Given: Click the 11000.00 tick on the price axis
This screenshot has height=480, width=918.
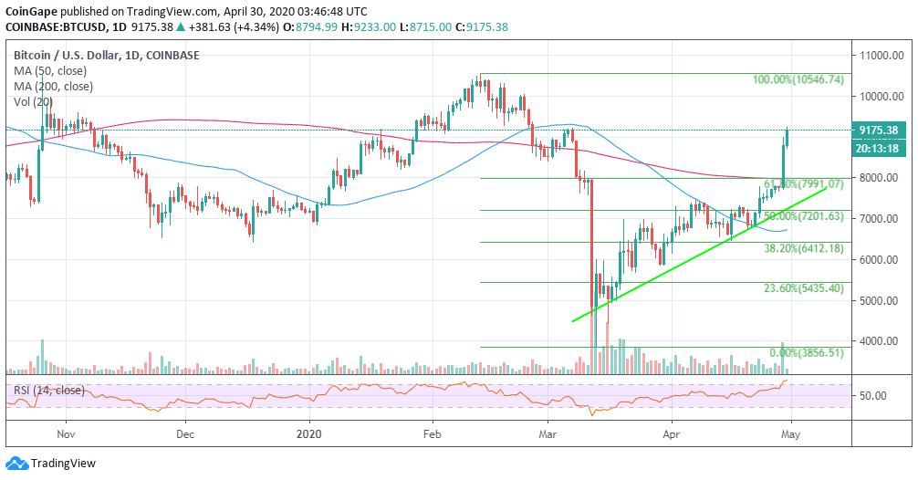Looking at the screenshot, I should (881, 56).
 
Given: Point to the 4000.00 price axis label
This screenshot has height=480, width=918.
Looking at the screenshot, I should (879, 341).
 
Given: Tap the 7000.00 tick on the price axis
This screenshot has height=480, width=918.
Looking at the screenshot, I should (879, 219).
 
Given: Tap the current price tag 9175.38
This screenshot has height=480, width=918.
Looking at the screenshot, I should (878, 130).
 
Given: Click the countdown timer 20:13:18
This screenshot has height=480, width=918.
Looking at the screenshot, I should (878, 147).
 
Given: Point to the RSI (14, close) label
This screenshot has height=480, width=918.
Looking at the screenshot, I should (49, 391).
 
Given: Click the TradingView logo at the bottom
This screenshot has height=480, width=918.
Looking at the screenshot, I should (56, 462).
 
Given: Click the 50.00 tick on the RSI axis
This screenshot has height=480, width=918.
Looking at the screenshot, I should (873, 396).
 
